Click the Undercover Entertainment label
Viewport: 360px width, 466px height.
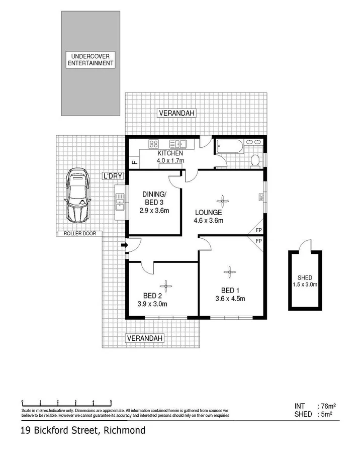click(x=91, y=60)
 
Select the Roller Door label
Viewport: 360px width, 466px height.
click(x=80, y=233)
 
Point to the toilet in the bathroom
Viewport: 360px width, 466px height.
click(x=255, y=160)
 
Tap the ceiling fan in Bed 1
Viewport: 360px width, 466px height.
click(x=229, y=273)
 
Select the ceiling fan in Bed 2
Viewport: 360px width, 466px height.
click(x=167, y=285)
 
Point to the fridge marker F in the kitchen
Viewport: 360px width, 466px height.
click(x=134, y=162)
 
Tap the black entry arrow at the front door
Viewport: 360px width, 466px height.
click(x=124, y=245)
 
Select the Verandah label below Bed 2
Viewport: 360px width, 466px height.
click(x=144, y=338)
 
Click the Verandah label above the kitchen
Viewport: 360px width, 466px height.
click(x=176, y=113)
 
